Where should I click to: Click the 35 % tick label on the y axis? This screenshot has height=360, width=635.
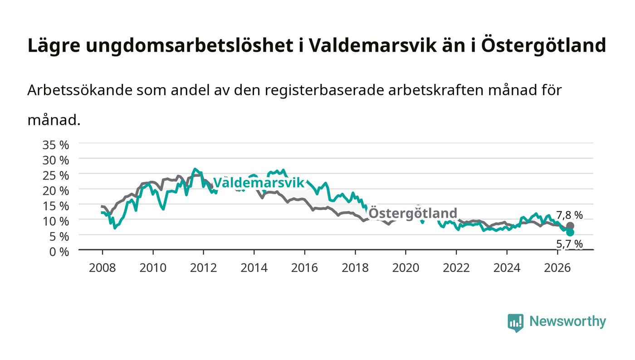(x=55, y=145)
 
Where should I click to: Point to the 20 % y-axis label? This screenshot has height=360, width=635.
(x=55, y=191)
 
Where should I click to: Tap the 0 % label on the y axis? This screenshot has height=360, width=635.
(x=59, y=252)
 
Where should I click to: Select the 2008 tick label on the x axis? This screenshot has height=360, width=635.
(x=103, y=268)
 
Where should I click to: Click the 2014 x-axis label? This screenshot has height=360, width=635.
(x=254, y=268)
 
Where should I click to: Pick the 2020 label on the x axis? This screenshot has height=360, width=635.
(x=405, y=268)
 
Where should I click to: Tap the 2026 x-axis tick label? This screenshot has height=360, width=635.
(x=557, y=268)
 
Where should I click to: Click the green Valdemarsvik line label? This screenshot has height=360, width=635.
(x=259, y=183)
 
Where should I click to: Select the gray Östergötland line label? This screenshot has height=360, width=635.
(x=413, y=213)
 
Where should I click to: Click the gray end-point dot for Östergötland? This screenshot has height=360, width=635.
(x=570, y=226)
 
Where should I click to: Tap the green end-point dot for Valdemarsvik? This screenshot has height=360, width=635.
(x=570, y=233)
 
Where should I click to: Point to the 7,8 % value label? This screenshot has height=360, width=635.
(x=570, y=215)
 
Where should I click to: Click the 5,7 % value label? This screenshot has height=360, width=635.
(x=570, y=244)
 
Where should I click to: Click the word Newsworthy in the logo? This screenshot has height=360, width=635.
(x=567, y=321)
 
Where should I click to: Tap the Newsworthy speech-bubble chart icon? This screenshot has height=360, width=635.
(x=515, y=323)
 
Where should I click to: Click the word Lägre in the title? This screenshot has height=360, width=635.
(x=54, y=46)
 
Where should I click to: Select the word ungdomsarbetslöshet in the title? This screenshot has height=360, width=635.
(x=190, y=45)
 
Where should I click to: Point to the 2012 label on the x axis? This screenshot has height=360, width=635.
(x=204, y=268)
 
